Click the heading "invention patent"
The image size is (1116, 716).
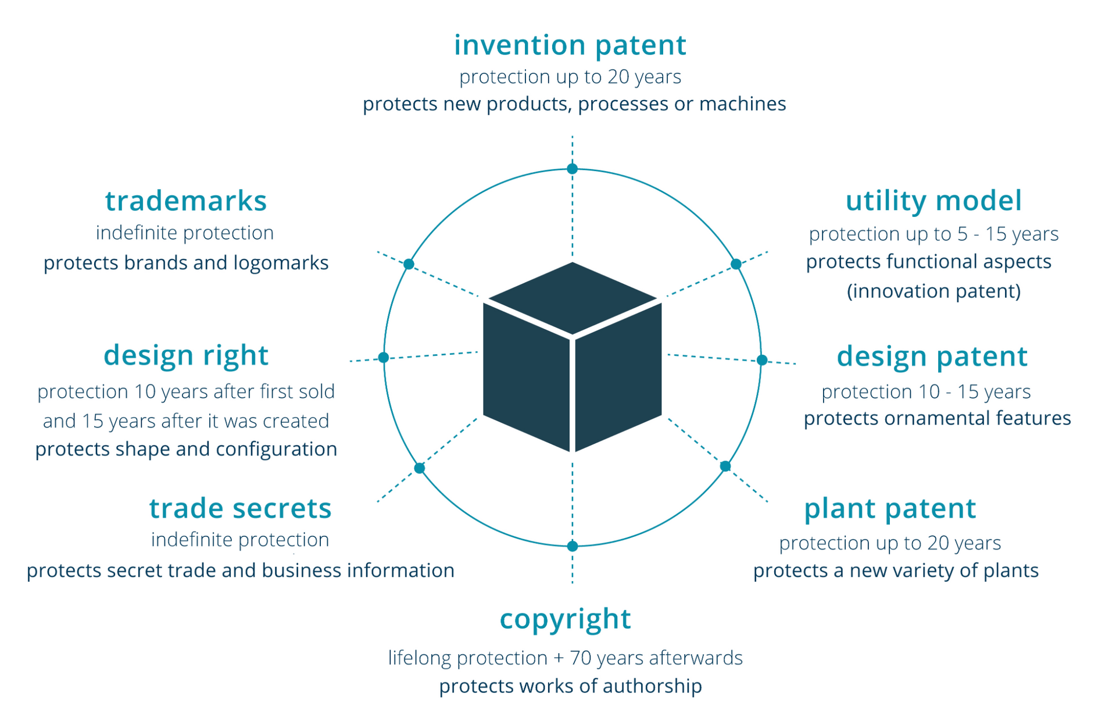[570, 45]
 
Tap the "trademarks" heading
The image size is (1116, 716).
[185, 201]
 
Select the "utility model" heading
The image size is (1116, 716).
[933, 201]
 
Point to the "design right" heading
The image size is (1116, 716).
[185, 355]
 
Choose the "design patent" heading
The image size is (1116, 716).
[932, 357]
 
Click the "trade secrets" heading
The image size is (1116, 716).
[240, 508]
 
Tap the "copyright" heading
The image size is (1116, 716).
[565, 619]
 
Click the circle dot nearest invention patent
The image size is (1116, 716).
[572, 169]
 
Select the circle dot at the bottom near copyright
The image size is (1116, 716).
[572, 546]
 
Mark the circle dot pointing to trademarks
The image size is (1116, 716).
[409, 264]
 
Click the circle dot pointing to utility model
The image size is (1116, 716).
[736, 264]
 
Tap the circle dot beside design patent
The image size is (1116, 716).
[762, 360]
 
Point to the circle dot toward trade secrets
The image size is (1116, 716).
[420, 468]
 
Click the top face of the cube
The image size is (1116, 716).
[573, 298]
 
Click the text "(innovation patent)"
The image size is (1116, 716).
[933, 291]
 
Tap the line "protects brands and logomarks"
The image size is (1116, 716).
[186, 263]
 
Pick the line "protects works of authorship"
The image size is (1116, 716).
[570, 686]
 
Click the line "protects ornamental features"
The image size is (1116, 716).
[937, 418]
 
